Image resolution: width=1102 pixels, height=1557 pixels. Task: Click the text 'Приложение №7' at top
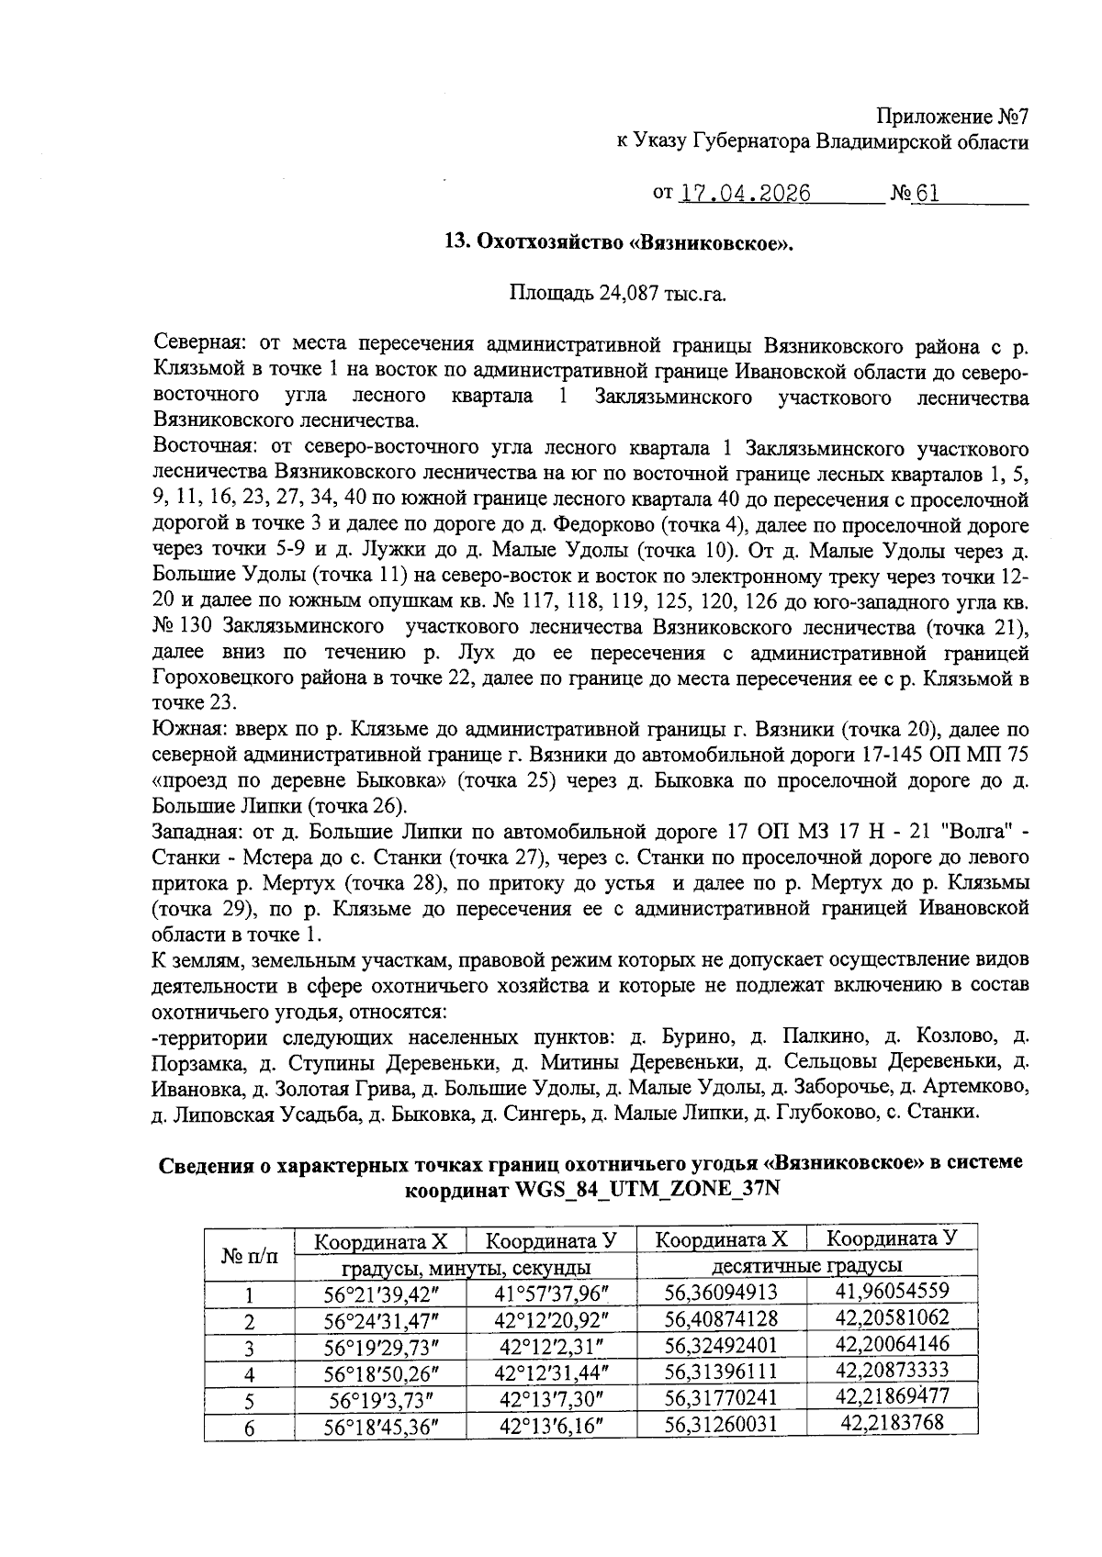(x=951, y=118)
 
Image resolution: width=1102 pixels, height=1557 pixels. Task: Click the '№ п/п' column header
(x=250, y=1253)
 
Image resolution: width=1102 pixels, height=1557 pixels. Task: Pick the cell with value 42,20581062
(x=892, y=1318)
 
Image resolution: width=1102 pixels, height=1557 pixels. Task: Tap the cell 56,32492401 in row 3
(x=721, y=1346)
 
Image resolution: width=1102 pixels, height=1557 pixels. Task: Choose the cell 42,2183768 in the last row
(x=892, y=1423)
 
